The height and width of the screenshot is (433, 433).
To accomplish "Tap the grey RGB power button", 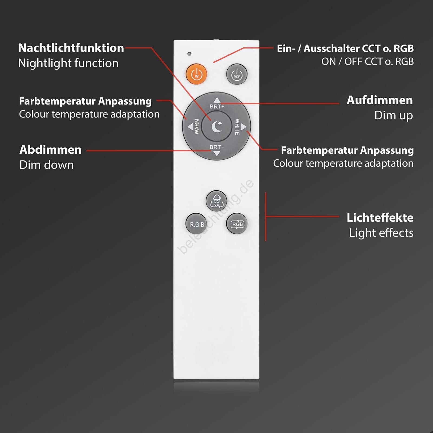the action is click(x=237, y=74).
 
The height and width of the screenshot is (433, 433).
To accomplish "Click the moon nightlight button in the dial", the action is click(x=216, y=126).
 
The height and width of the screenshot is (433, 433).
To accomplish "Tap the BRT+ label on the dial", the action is click(x=217, y=107).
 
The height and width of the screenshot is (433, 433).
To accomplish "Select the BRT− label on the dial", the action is click(x=217, y=147).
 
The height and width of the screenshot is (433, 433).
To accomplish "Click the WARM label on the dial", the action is click(x=197, y=126).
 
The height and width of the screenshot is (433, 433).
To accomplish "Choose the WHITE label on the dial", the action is click(x=237, y=127).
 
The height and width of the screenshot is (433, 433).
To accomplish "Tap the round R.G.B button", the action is click(x=197, y=224).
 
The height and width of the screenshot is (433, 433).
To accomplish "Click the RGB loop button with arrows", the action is click(x=237, y=224).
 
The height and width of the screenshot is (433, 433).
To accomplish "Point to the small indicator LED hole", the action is click(x=189, y=54).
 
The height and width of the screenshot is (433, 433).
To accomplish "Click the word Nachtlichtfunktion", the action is click(x=71, y=48).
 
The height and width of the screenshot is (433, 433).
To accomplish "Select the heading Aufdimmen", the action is click(x=380, y=100).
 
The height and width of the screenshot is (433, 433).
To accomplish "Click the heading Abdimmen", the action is click(x=50, y=150).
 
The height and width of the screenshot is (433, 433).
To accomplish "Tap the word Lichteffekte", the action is click(x=380, y=218).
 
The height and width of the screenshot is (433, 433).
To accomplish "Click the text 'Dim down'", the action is click(x=47, y=165).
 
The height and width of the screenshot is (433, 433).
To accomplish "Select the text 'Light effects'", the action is click(x=381, y=233).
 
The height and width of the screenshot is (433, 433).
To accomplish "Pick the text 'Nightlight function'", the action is click(x=68, y=63).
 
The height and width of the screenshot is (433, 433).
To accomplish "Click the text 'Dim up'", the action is click(x=393, y=116).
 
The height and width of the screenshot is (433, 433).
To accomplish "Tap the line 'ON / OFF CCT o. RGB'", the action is click(x=368, y=61).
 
